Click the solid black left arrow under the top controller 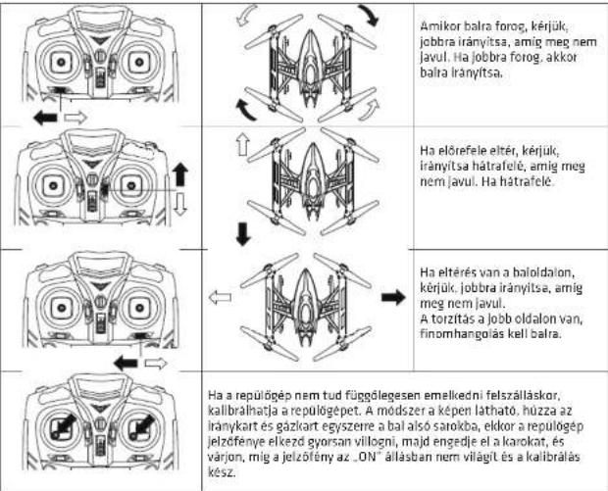45,118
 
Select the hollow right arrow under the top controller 76,117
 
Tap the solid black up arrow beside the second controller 179,174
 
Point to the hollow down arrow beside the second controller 180,204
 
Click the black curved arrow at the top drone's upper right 369,15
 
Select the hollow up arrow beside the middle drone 243,144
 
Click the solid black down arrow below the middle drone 243,233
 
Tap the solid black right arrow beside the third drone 393,298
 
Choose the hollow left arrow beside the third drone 220,298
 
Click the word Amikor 439,26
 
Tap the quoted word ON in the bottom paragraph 367,457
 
